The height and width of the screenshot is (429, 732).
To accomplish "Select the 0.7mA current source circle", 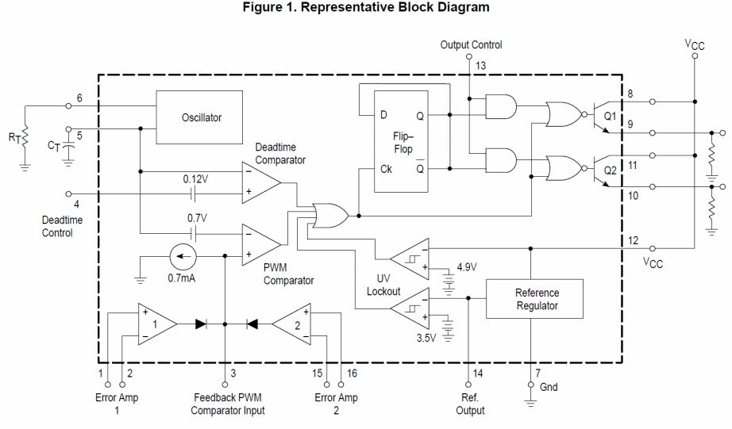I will tap(183, 258).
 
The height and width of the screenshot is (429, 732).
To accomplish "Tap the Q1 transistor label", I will tap(610, 115).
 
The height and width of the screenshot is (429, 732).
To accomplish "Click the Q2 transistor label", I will tap(610, 170).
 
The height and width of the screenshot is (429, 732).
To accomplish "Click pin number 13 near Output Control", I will tap(480, 64).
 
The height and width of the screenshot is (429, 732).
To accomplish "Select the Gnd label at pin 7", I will tap(549, 387).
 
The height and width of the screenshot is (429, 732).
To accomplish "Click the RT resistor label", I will tap(15, 136).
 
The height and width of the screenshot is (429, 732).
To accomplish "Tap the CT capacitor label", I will tap(53, 145).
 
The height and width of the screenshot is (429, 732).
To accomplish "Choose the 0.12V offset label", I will tap(195, 178).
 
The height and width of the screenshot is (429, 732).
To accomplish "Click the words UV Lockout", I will tap(383, 285).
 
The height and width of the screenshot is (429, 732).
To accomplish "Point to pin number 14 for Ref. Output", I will tap(477, 373).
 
